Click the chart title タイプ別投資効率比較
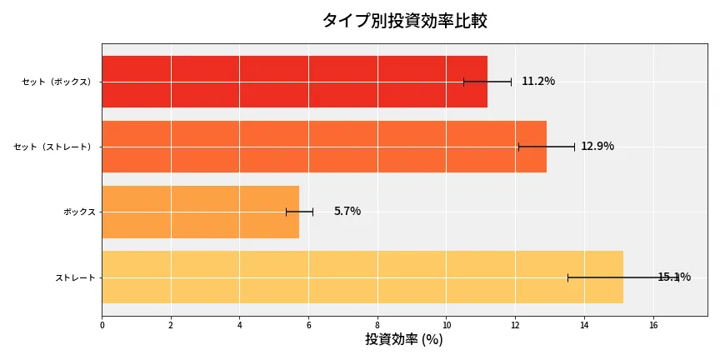point(404,21)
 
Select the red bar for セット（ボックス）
point(294,82)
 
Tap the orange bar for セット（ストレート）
point(324,147)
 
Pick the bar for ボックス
point(200,212)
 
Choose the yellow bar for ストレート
point(362,277)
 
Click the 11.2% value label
point(538,82)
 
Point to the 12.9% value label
point(597,147)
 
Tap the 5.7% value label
point(347,212)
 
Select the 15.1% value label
point(674,277)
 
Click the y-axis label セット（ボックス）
point(58,82)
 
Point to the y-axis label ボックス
point(79,212)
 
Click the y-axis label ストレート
point(75,277)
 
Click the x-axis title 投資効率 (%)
point(404,340)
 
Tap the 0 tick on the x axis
point(102,325)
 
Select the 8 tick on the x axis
point(377,325)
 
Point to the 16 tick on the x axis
point(652,325)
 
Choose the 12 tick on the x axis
point(515,325)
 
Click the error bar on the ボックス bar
point(299,212)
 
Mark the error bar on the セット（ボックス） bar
point(487,82)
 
